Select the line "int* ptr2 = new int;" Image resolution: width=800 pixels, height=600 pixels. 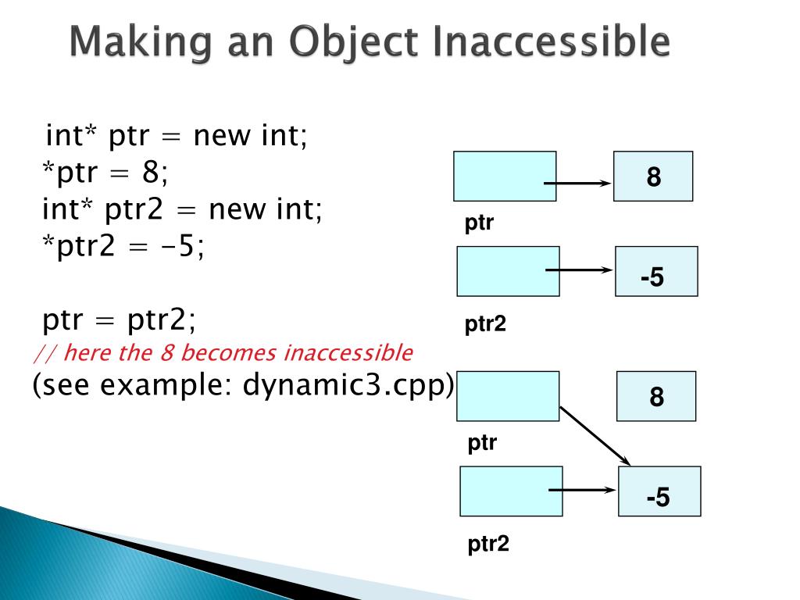pos(181,210)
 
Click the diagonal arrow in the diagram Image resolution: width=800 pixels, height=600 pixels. pos(595,434)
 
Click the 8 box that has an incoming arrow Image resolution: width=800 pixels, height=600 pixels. pos(653,177)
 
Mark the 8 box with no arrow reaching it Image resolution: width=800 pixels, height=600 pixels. pos(656,396)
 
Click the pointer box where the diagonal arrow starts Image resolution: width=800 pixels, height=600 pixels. pos(508,395)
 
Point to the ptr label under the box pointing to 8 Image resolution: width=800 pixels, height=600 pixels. pos(479,224)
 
